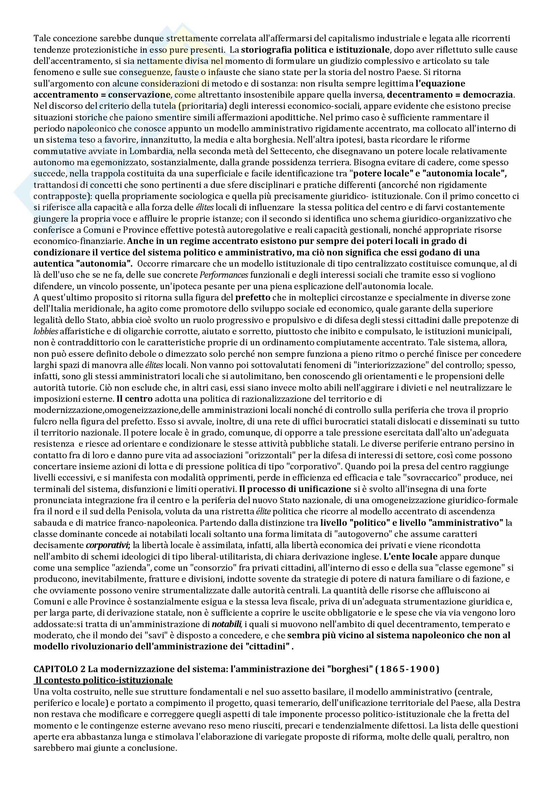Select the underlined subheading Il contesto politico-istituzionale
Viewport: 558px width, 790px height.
click(104, 680)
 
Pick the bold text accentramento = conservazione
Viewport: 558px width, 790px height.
click(102, 94)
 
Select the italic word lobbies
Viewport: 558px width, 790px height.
click(46, 331)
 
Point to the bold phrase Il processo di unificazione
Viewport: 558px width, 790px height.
click(295, 489)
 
